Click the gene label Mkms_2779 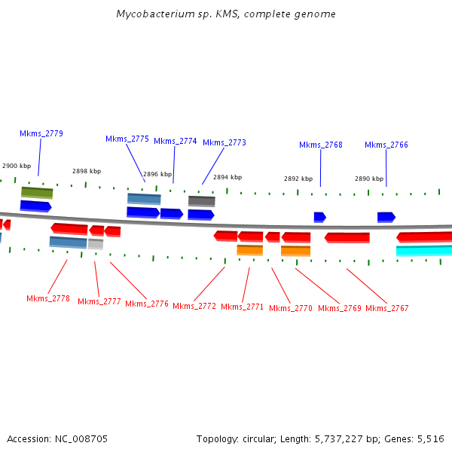41,133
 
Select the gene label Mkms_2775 127,139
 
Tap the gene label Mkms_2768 321,145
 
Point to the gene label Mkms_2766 386,145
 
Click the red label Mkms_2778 48,298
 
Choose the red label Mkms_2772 194,306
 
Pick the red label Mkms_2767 387,308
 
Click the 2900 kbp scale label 17,166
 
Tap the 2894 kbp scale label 228,177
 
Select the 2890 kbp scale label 369,179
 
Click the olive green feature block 37,193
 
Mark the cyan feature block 424,251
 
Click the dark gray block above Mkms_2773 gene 201,201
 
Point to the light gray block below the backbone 96,244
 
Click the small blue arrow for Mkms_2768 319,217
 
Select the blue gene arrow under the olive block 35,206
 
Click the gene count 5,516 430,438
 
